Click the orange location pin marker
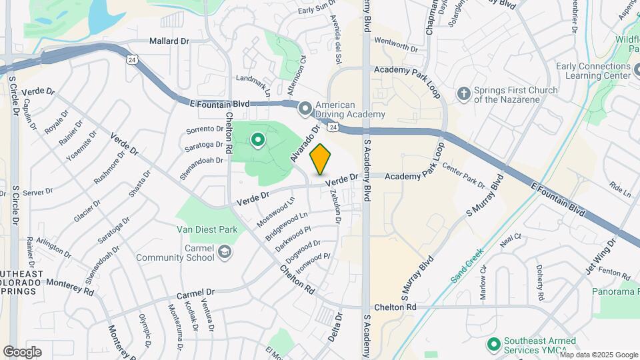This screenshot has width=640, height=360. click(x=321, y=159)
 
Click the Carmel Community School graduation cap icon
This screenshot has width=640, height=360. click(x=225, y=251)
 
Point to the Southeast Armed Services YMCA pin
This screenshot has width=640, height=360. click(x=493, y=344)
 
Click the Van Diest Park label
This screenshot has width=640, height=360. click(x=207, y=229)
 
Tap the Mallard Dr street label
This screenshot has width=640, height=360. click(x=169, y=41)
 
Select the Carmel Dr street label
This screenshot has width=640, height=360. click(x=196, y=293)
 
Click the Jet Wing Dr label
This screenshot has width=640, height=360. click(x=599, y=259)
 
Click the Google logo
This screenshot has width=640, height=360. click(x=22, y=351)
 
